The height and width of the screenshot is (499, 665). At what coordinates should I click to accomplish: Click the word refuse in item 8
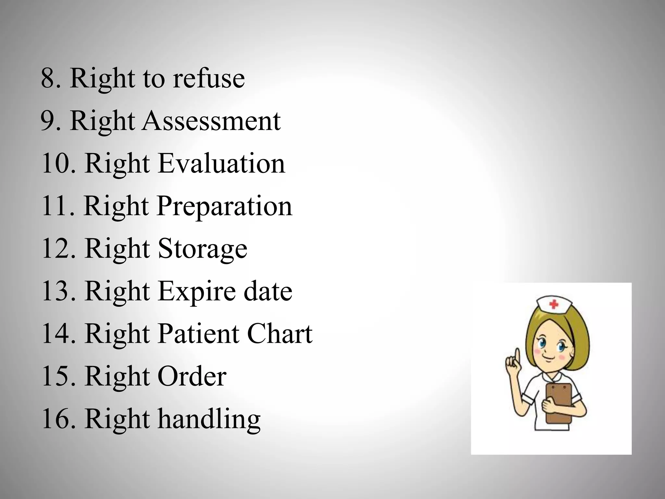pos(208,79)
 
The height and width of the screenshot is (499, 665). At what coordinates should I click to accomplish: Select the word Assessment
pos(211,121)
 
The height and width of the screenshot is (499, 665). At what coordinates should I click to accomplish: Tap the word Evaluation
pos(221,163)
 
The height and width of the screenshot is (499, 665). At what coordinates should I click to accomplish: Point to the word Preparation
pos(225,206)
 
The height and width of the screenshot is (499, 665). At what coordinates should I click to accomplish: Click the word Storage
pos(203,249)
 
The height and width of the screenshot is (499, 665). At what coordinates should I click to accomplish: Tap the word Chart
pos(280,334)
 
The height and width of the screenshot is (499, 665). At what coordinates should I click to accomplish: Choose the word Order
pos(192,376)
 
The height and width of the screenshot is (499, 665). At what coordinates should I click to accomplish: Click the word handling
pos(209,419)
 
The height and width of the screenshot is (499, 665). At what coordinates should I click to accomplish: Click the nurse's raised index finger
pos(517,358)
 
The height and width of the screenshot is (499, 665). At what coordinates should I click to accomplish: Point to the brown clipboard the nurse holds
pos(559,403)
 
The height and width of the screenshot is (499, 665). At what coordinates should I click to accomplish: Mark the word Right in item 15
pos(117,376)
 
